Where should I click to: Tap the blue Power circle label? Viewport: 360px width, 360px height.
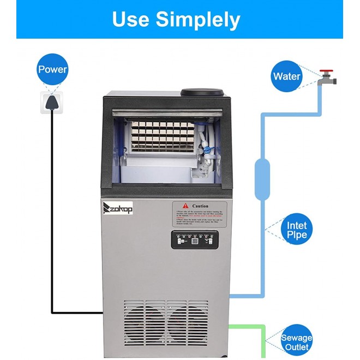point(52,70)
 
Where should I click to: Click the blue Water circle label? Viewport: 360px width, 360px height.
point(286,76)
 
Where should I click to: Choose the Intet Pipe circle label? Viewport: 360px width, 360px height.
point(297,230)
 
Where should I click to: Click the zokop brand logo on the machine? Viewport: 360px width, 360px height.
point(123,209)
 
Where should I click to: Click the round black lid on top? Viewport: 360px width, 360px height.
point(202,93)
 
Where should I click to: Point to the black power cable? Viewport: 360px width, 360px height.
point(52,218)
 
